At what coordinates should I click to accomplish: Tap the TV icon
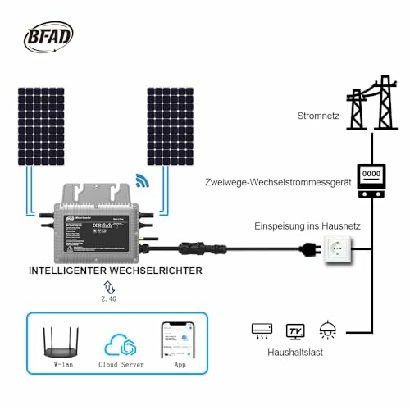click(295, 330)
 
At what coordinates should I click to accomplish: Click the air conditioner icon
click(262, 330)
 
